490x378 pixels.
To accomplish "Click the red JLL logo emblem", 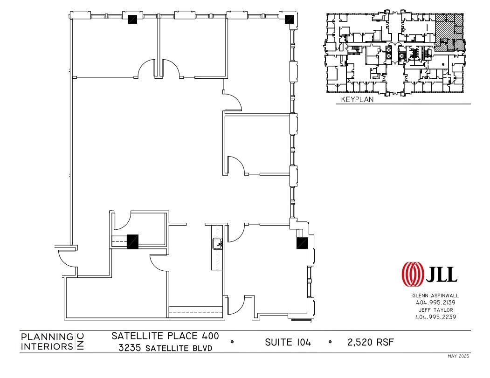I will tap(413, 274).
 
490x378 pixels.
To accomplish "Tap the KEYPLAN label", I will tap(357, 99).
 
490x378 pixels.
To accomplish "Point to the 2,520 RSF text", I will tap(371, 343).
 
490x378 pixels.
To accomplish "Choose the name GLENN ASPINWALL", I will tap(435, 296).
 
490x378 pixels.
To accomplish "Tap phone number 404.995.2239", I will tap(435, 317).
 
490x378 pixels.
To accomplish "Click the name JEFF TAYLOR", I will tap(435, 309).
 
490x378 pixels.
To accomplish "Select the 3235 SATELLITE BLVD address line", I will tap(165, 348).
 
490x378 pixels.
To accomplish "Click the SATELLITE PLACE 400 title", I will tap(165, 336).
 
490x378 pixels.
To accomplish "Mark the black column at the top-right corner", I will tap(289, 19).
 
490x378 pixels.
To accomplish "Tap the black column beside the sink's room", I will tap(302, 243).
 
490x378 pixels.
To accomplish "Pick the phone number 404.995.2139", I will tap(435, 302).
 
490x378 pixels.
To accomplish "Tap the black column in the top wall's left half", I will tap(133, 19).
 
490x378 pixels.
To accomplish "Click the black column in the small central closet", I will tap(133, 241).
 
